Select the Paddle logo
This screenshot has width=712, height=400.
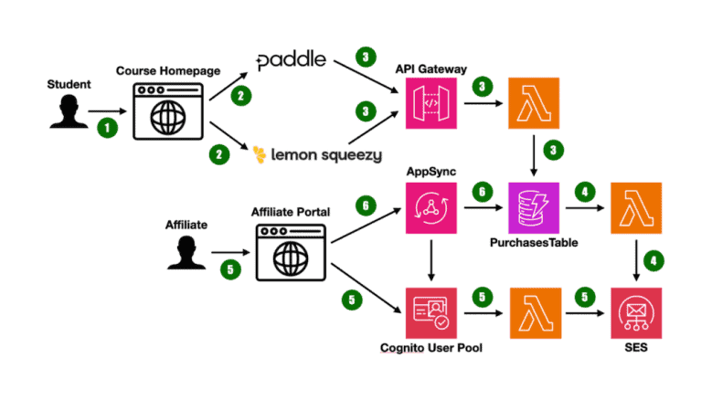click(x=292, y=62)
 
